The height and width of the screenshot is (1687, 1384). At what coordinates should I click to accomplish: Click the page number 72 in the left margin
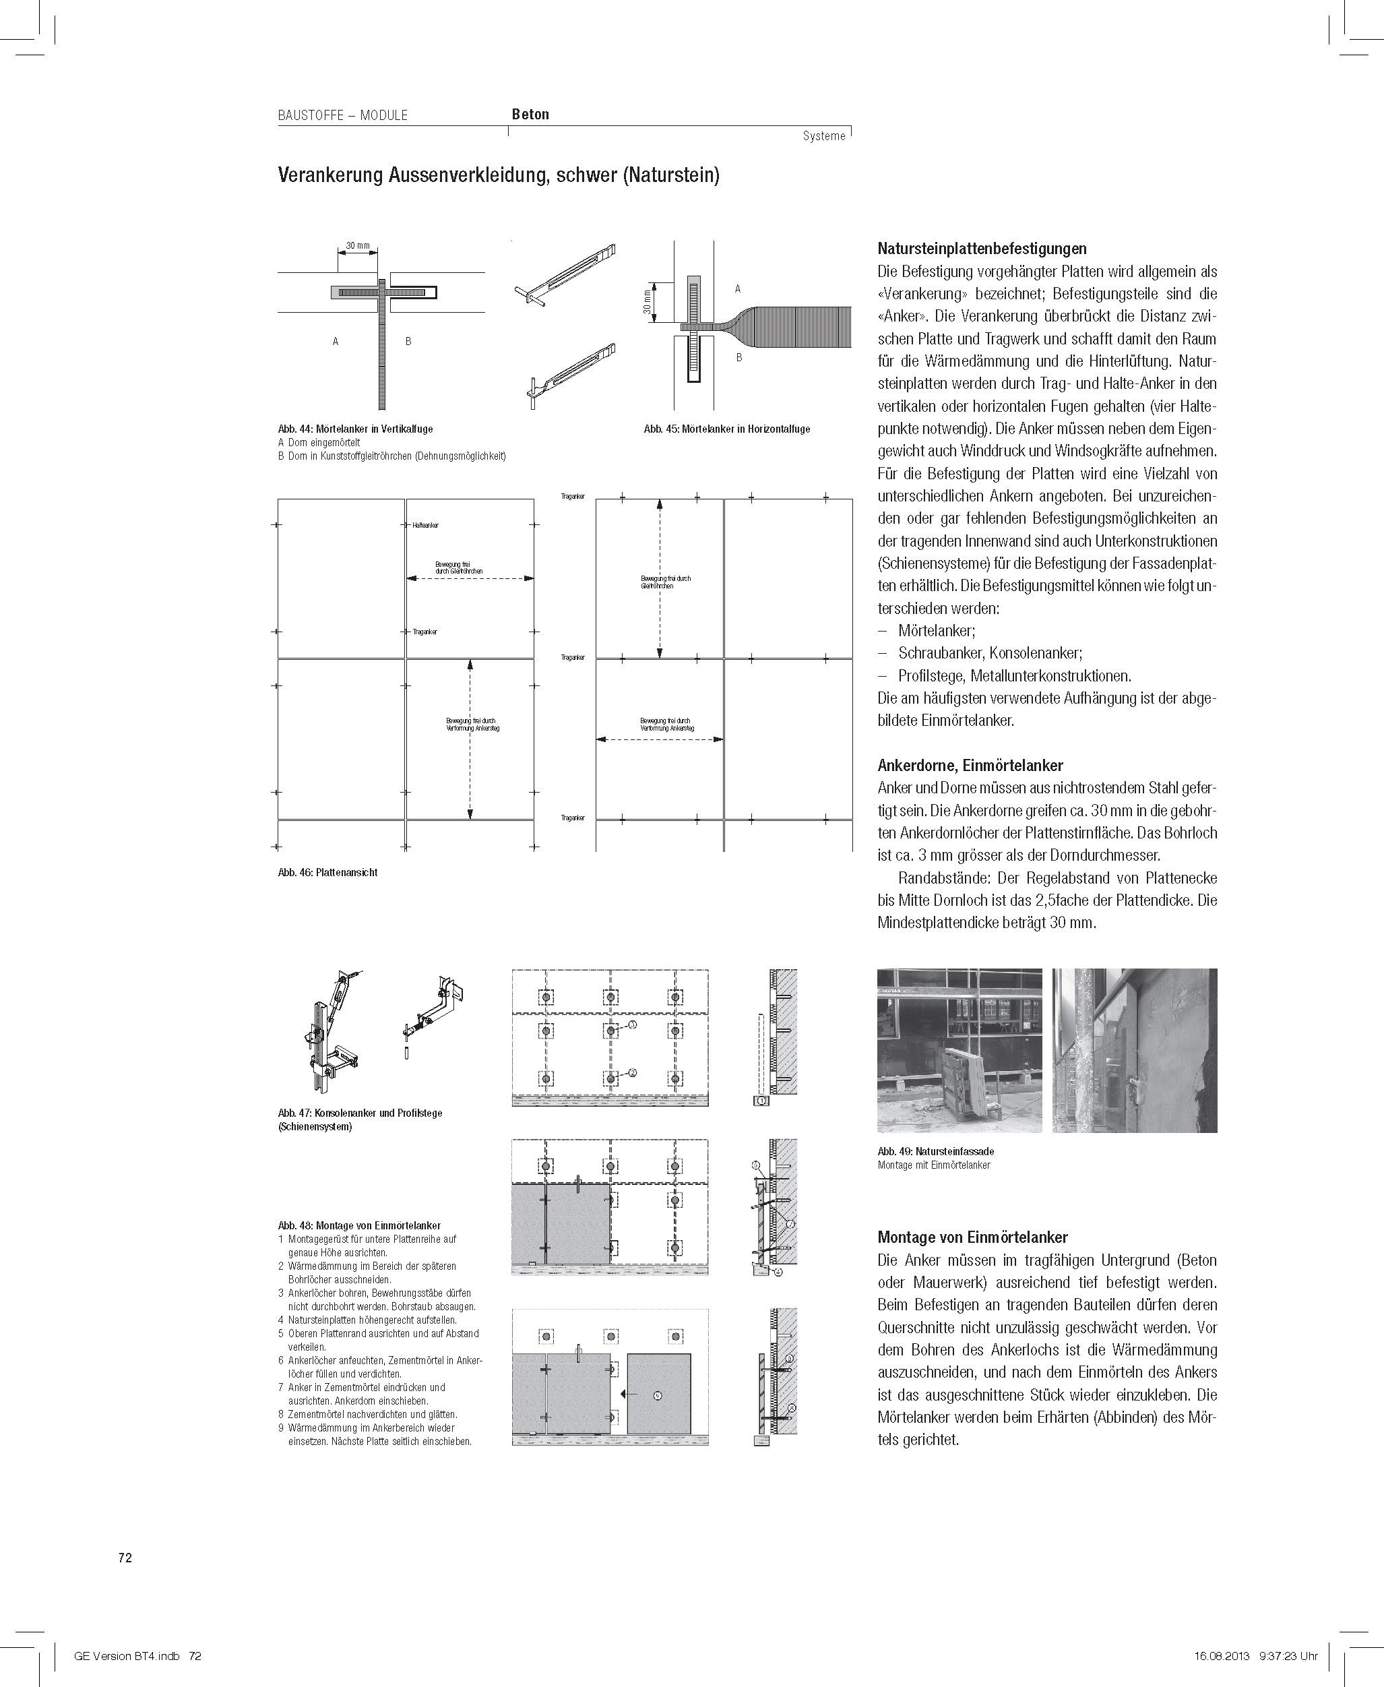pos(125,1557)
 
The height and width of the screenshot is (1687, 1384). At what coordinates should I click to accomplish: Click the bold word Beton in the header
pos(530,114)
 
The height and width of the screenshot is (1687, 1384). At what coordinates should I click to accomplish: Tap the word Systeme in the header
pos(823,136)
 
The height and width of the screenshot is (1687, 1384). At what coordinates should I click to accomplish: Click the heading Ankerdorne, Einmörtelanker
pos(970,766)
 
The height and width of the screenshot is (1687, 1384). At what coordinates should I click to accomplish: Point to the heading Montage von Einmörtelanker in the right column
pos(972,1237)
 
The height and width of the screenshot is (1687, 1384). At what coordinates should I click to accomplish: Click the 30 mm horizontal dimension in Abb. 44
pos(358,245)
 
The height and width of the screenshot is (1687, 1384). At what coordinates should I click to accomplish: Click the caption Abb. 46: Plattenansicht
pos(327,872)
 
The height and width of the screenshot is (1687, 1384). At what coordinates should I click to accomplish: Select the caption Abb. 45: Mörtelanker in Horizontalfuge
pos(726,429)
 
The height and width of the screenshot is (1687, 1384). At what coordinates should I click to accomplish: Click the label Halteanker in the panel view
pos(425,526)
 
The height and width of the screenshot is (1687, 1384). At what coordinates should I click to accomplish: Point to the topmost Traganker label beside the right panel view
pos(573,497)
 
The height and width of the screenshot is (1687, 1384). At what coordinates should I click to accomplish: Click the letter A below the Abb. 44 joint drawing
pos(336,341)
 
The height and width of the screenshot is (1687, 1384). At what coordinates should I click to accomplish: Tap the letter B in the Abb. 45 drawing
pos(739,357)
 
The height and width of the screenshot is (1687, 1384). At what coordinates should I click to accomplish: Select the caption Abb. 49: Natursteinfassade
pos(935,1151)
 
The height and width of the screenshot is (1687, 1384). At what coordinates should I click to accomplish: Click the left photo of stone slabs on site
pos(959,1050)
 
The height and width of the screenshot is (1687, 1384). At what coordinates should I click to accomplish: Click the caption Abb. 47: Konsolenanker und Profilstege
pos(360,1113)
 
